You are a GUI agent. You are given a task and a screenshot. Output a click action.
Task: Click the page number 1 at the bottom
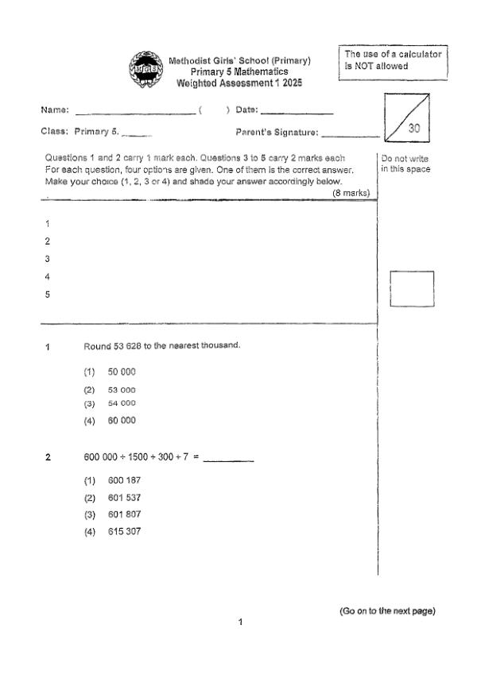click(x=240, y=622)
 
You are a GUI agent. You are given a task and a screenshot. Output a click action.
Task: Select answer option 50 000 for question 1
click(x=122, y=372)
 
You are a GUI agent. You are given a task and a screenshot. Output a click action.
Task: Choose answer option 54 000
click(x=122, y=403)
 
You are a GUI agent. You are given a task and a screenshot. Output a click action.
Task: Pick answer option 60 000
click(x=122, y=420)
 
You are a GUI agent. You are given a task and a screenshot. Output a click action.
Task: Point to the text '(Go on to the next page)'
click(x=387, y=610)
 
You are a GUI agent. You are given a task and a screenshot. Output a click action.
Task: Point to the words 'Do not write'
click(x=405, y=158)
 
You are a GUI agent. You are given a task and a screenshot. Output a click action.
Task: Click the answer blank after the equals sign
click(x=228, y=460)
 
